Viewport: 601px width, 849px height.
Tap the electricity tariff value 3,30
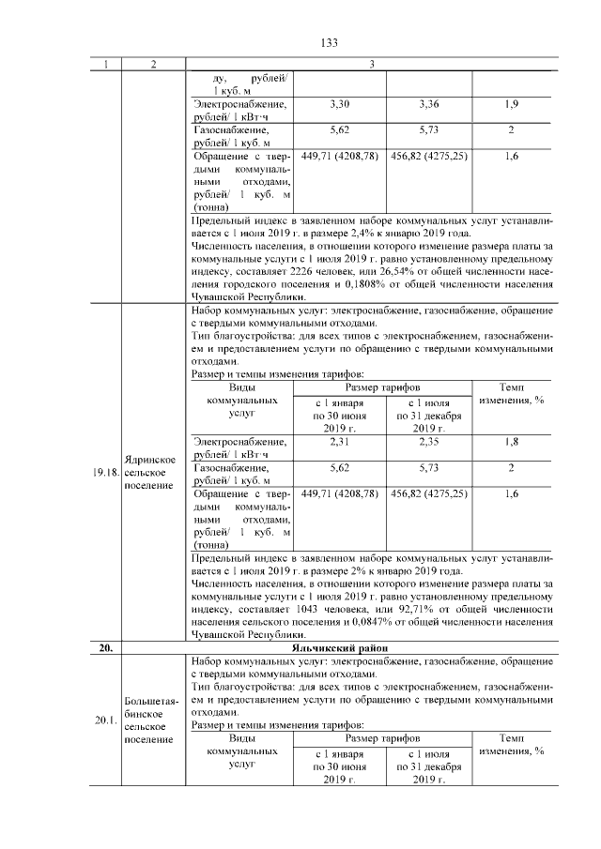[340, 101]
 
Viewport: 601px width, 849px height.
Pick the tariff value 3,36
[427, 101]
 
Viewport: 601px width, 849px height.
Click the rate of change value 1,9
[512, 101]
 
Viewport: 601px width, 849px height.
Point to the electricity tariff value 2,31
[340, 441]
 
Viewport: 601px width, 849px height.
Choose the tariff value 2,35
[427, 441]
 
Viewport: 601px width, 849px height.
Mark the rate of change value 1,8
[512, 441]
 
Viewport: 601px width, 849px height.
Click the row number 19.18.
[105, 473]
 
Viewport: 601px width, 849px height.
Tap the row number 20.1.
[105, 720]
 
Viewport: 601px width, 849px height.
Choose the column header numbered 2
[152, 64]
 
